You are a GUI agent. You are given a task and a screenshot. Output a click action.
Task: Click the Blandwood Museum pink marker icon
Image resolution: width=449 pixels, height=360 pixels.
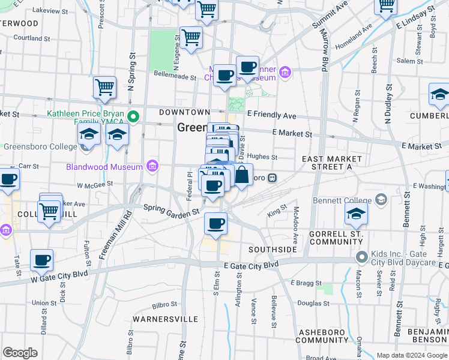[x=153, y=166]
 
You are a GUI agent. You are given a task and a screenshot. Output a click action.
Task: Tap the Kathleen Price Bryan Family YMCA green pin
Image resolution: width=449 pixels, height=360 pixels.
[x=134, y=116]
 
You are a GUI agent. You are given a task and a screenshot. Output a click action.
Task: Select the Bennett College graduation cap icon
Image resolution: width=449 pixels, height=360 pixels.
[x=380, y=199]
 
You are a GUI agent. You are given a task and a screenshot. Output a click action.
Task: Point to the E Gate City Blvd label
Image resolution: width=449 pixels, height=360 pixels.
[x=251, y=265]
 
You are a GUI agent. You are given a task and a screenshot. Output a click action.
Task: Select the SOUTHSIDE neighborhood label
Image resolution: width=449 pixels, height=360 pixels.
[x=273, y=249]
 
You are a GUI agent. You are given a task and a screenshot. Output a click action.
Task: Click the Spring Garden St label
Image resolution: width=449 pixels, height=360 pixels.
[x=171, y=210]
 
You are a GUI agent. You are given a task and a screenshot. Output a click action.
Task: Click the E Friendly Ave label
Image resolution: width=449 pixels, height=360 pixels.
[x=272, y=115]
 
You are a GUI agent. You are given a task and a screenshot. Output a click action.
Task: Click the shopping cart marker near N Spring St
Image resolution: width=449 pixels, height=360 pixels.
[x=104, y=88]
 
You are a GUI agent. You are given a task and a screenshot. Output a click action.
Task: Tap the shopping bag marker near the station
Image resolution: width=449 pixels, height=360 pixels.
[x=241, y=176]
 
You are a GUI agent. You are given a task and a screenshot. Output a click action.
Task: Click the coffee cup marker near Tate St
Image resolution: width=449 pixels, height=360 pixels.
[x=41, y=260]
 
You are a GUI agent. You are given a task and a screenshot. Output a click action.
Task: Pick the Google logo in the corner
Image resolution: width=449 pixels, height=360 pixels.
[x=20, y=353]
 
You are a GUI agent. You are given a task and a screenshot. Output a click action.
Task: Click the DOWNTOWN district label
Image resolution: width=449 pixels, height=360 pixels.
[x=184, y=112]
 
